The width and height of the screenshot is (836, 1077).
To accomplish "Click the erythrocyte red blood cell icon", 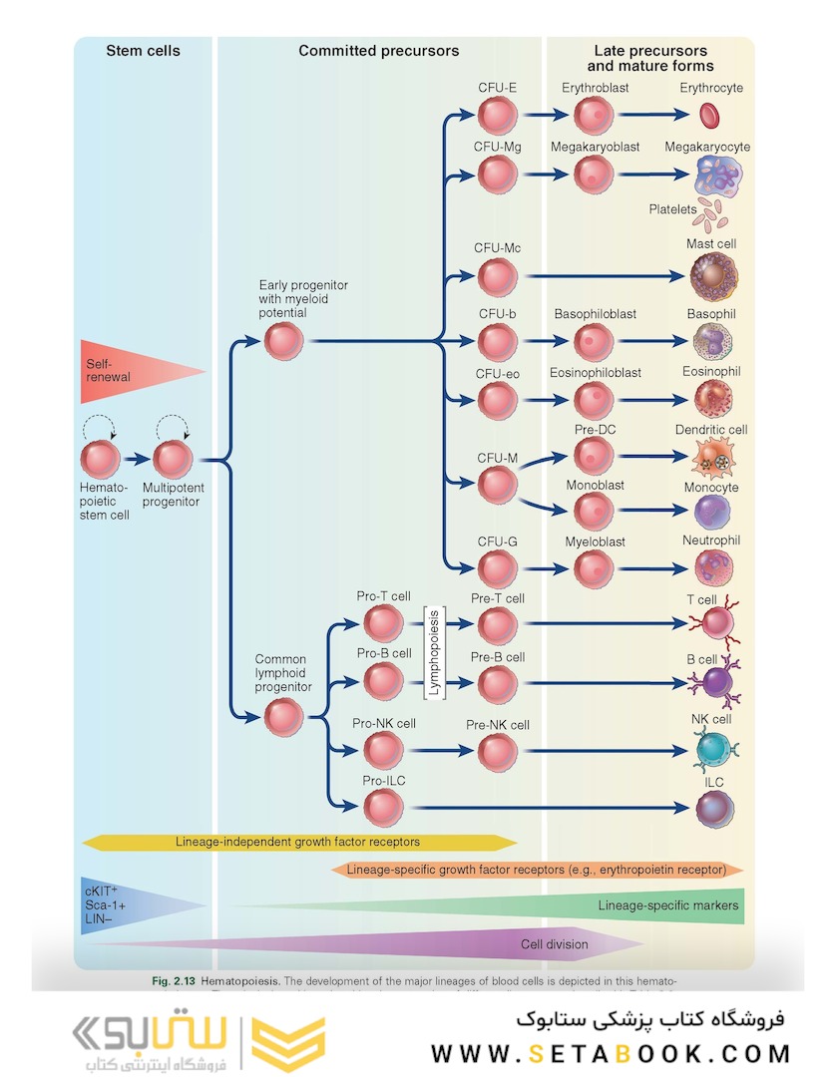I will [x=710, y=116].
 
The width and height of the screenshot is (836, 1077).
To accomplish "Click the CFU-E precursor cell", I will [x=496, y=116].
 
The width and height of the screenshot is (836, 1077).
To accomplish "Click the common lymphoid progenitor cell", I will [x=284, y=716].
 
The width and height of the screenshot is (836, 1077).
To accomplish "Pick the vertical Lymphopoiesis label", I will [x=433, y=653].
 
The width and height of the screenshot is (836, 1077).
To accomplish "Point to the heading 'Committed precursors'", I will [x=379, y=51].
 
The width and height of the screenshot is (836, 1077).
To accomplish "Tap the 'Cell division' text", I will [x=555, y=944].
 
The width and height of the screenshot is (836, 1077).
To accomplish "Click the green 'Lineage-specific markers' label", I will [x=668, y=905].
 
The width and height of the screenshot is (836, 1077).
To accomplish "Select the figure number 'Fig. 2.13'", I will [x=174, y=982].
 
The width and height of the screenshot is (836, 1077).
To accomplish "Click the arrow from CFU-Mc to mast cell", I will [x=599, y=275].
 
